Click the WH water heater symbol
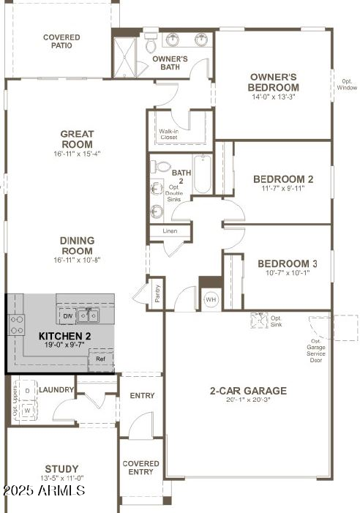[211, 299]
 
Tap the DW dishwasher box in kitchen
[67, 316]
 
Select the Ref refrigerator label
[101, 359]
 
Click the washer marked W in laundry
[27, 411]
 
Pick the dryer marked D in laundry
[27, 391]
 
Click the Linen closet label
[169, 231]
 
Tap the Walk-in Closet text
[169, 134]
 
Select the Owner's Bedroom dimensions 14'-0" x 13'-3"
[272, 97]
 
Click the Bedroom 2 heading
[283, 179]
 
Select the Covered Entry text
[140, 468]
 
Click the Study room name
[61, 469]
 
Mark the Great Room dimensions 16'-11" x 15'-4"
[76, 154]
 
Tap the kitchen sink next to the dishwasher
[90, 316]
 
